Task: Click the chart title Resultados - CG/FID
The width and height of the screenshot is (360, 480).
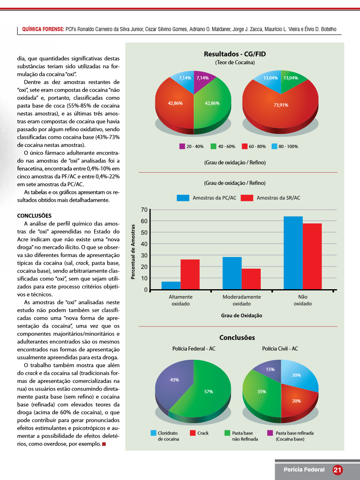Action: click(234, 54)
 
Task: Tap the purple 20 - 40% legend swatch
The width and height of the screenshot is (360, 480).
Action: click(182, 146)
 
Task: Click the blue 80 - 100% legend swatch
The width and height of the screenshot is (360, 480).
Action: click(274, 146)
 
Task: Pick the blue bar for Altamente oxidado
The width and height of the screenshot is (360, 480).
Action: click(171, 285)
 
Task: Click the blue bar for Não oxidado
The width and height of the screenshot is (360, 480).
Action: click(293, 253)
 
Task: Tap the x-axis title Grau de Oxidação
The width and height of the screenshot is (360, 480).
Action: click(241, 315)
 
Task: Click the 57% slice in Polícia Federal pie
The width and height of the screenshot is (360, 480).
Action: click(209, 391)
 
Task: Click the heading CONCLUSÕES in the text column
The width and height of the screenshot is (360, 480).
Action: click(34, 216)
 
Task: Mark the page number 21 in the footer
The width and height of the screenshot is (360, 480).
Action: click(337, 470)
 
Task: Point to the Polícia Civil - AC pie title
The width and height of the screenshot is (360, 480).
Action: click(280, 349)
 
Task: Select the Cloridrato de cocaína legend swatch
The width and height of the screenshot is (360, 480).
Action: click(153, 433)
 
